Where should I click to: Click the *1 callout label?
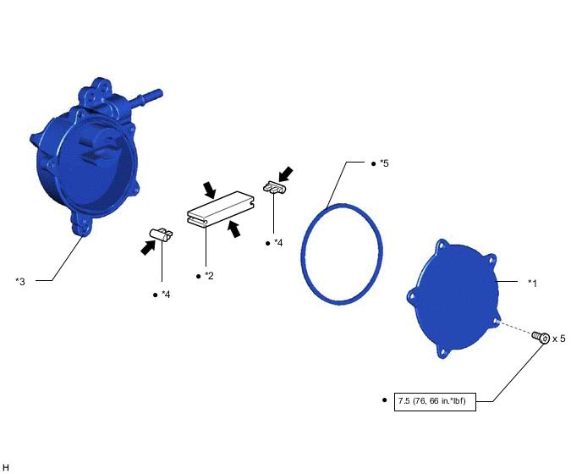coord(532,284)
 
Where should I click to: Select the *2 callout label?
coord(209,276)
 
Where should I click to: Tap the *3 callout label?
coord(20,282)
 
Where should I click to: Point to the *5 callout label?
coord(384,163)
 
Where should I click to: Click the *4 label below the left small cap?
coord(166,295)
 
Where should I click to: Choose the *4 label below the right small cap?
coord(278,243)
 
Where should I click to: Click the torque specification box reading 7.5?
coord(435,401)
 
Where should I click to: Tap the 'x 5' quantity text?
coord(558,339)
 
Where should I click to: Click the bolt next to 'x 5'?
coord(541,337)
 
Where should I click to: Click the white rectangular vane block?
coord(221,208)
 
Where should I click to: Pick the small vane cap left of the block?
coord(161,234)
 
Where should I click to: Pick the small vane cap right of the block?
coord(275,187)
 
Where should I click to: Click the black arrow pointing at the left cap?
coord(148,247)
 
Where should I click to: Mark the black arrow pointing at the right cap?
coord(285,174)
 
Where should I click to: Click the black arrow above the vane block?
coord(210,190)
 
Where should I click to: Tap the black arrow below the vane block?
coord(233,229)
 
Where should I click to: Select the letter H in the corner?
coord(6,467)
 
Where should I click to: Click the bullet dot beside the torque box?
coord(385,400)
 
